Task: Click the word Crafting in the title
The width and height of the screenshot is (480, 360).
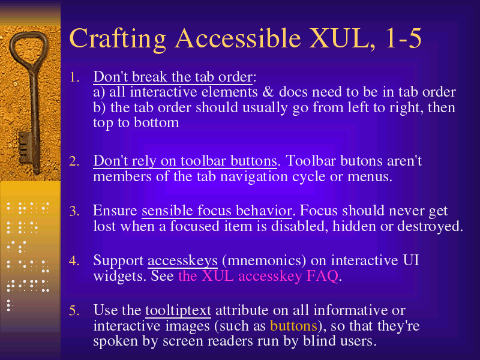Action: pos(118,39)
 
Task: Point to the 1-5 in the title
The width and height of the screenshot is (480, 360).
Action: pos(403,38)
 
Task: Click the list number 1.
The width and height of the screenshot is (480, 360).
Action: pos(74,77)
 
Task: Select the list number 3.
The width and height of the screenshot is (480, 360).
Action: pos(74,211)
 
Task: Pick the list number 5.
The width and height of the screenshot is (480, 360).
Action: pos(74,310)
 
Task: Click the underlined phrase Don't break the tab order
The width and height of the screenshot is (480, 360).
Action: pos(173,77)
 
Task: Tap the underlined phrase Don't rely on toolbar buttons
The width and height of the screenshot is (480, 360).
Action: pos(185,161)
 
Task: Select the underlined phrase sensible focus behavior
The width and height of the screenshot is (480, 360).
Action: pos(217,211)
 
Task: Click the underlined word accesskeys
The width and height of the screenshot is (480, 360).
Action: pos(182,261)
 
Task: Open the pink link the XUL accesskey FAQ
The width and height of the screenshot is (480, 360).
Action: pos(258,276)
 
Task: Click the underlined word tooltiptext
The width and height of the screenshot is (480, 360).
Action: pos(178,311)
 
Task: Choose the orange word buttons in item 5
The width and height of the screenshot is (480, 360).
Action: pos(293,326)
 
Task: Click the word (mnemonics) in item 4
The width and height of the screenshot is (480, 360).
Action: pos(264,261)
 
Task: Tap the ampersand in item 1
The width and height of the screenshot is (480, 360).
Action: pos(268,92)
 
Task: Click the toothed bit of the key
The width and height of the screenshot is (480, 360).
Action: pos(25,148)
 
